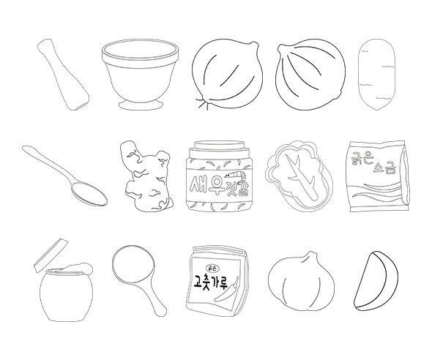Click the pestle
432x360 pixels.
click(x=64, y=75)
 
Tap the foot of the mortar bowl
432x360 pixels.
click(x=141, y=105)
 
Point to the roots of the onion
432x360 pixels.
click(x=203, y=103)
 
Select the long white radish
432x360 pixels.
click(x=376, y=75)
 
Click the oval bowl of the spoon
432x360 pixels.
click(x=89, y=193)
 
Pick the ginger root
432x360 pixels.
click(x=147, y=176)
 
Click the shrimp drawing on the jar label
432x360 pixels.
click(x=236, y=174)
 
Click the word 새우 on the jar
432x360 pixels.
click(x=203, y=184)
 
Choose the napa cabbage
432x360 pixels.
click(x=299, y=176)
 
